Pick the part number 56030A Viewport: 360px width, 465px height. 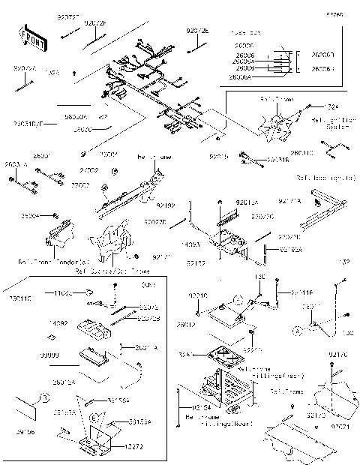[x=76, y=117]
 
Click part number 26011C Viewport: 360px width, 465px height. [x=323, y=153]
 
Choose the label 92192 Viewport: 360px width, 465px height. [x=166, y=205]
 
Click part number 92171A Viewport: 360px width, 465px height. [x=289, y=201]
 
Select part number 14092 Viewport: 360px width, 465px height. [x=59, y=322]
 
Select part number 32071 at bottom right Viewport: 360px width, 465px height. [x=341, y=427]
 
